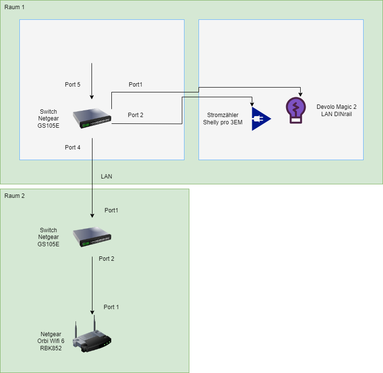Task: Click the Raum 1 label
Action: [14, 8]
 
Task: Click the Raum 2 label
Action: [14, 196]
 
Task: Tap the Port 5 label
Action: [73, 85]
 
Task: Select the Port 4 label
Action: [73, 147]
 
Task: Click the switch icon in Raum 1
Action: [92, 119]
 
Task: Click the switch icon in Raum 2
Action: [92, 237]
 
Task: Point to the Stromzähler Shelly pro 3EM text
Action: [223, 119]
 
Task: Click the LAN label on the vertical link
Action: [107, 177]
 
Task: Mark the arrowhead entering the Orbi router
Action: [92, 312]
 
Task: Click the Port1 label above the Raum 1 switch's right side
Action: [136, 85]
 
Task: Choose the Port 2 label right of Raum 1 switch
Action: [136, 115]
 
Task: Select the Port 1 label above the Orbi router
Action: [111, 307]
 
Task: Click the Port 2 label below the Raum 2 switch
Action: [107, 259]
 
